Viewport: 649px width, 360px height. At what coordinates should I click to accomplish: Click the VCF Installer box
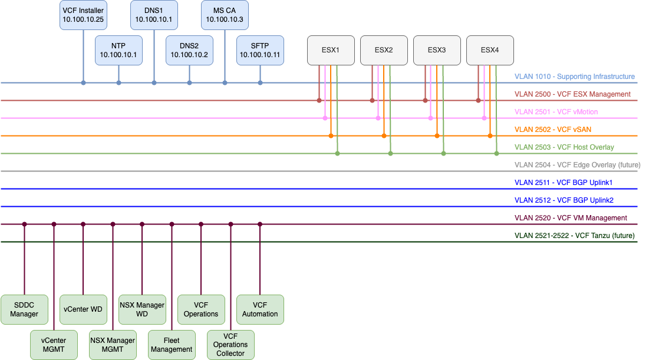tap(83, 15)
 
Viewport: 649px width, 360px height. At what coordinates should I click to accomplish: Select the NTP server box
tap(118, 50)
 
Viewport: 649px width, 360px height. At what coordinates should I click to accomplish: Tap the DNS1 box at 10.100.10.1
tap(154, 15)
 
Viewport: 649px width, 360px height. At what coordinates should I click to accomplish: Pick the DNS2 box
tap(189, 50)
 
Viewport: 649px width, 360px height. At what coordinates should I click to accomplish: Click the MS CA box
tap(225, 15)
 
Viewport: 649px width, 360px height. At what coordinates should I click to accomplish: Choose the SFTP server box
tap(260, 50)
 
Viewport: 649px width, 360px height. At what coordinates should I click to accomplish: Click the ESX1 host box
tap(331, 50)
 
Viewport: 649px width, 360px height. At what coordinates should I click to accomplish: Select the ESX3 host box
tap(437, 50)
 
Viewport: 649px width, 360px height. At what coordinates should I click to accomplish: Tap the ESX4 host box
tap(490, 50)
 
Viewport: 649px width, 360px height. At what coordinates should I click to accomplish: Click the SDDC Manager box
tap(24, 309)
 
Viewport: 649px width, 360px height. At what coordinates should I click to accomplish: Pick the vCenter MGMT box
tap(54, 345)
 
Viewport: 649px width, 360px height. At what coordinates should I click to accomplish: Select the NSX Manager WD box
tap(142, 309)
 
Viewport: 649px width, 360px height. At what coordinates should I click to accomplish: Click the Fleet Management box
tap(172, 345)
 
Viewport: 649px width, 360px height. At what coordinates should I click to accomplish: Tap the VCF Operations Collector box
tap(230, 345)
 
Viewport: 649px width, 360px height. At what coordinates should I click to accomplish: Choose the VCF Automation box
tap(260, 309)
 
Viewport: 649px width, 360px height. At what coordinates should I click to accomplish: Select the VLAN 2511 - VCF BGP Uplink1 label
tap(564, 183)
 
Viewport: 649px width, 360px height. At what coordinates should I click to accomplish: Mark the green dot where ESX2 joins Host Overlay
tap(390, 154)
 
